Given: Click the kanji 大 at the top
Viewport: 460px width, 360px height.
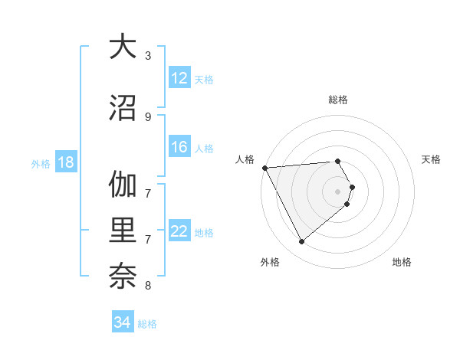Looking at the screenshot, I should pyautogui.click(x=123, y=47).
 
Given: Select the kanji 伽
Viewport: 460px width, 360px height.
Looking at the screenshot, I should pyautogui.click(x=123, y=185).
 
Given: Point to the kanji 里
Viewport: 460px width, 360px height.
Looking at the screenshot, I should pyautogui.click(x=123, y=232).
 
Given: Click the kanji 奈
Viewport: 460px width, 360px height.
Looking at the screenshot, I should pyautogui.click(x=123, y=278).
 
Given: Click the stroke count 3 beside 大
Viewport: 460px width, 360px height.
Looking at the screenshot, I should pyautogui.click(x=148, y=55).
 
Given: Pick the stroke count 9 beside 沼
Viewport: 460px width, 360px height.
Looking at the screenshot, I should pyautogui.click(x=148, y=116).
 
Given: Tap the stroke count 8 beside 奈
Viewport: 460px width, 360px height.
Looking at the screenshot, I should pyautogui.click(x=148, y=286).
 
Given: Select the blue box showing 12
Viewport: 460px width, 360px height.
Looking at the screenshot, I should pyautogui.click(x=179, y=78).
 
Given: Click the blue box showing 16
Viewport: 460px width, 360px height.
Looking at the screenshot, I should pyautogui.click(x=179, y=147).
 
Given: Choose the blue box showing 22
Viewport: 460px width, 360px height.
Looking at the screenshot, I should pyautogui.click(x=179, y=231).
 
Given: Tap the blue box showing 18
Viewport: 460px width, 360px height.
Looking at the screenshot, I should pyautogui.click(x=65, y=162).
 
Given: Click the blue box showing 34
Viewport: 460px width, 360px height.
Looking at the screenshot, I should pyautogui.click(x=123, y=322).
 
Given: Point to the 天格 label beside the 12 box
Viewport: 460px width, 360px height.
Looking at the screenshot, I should pyautogui.click(x=204, y=79).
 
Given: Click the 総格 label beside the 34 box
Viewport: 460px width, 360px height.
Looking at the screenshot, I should pyautogui.click(x=147, y=323).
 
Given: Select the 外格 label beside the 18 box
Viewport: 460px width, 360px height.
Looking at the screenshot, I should pyautogui.click(x=41, y=163).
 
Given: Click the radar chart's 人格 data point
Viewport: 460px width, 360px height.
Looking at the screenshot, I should pyautogui.click(x=264, y=168).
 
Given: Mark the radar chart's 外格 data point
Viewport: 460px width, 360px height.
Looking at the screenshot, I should pyautogui.click(x=301, y=242).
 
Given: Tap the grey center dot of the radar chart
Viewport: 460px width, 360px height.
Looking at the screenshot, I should pyautogui.click(x=338, y=190).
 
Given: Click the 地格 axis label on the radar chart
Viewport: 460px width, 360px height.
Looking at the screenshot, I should pyautogui.click(x=402, y=263).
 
